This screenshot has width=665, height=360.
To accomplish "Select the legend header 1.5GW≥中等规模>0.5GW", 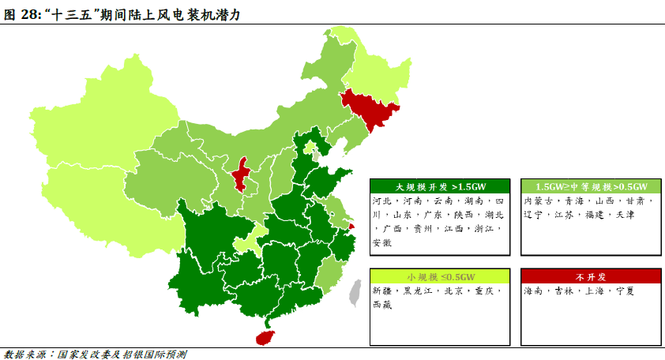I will (590, 186).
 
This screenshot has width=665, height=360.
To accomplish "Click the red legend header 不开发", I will (590, 276).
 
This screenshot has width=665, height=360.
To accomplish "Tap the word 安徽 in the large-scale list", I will (381, 242).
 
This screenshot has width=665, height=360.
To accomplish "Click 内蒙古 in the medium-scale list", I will (539, 201).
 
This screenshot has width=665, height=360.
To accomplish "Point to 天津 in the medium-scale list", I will (625, 214).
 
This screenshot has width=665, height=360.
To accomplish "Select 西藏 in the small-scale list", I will (381, 304).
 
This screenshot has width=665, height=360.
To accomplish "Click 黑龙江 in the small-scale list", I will (419, 291).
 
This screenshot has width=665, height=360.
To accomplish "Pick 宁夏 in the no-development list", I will (625, 291).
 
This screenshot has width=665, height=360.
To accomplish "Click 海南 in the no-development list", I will (533, 291).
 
